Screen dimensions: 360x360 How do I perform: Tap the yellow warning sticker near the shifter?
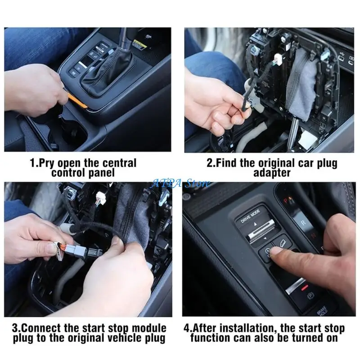pos(140,45)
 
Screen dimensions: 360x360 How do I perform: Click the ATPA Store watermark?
pos(180,183)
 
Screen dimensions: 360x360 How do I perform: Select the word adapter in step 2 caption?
pos(272,173)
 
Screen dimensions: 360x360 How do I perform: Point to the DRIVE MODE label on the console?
pos(250,216)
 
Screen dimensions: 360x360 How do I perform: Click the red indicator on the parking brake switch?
pos(305,287)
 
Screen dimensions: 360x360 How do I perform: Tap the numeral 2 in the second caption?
pos(210,163)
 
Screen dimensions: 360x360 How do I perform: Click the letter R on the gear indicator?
pos(303,222)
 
